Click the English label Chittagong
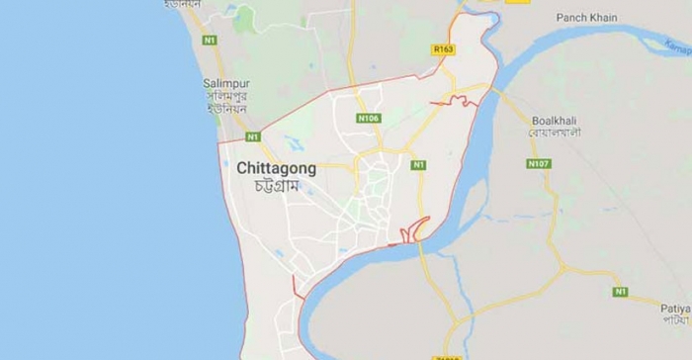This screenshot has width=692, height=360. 277,168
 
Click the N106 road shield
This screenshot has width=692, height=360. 369,119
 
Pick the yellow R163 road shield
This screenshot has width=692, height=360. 442,46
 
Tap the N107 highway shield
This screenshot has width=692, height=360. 538,163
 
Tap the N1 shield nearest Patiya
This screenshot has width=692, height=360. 620,292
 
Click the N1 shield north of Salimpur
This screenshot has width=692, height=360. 210,41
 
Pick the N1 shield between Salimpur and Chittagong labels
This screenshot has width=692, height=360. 253,136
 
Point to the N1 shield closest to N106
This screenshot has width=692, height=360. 419,164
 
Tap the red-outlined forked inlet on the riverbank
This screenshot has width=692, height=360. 416,229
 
